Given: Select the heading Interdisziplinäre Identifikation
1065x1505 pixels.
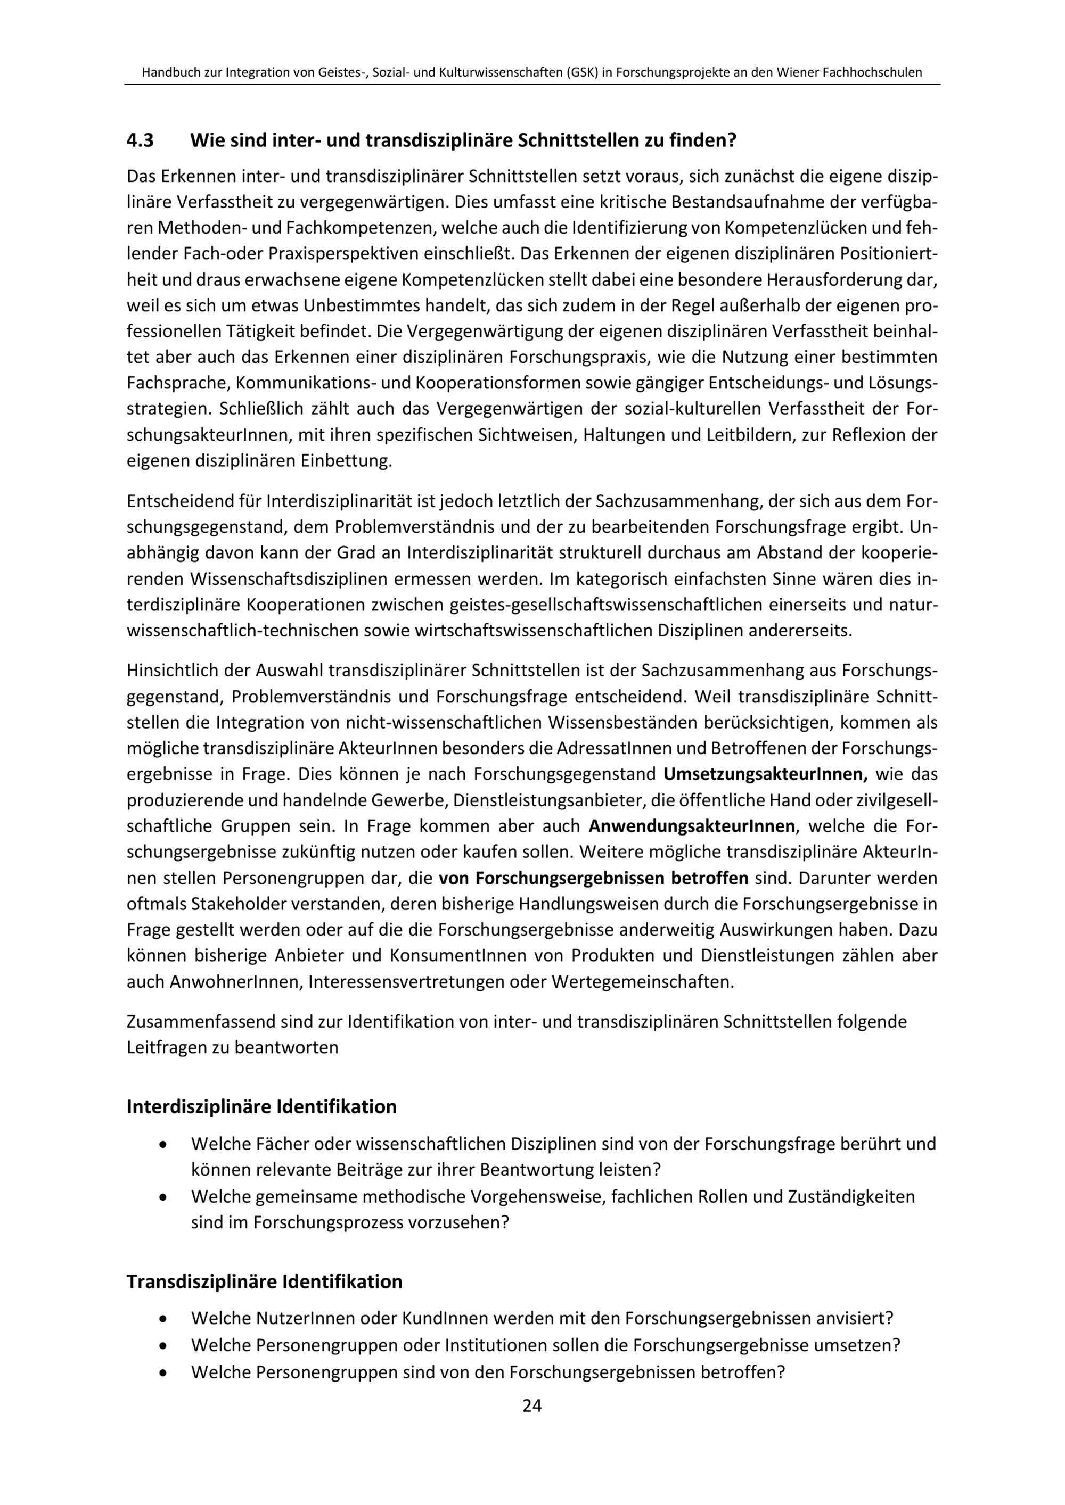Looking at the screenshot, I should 261,1106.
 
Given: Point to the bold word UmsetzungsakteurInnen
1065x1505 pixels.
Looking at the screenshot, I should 765,774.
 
